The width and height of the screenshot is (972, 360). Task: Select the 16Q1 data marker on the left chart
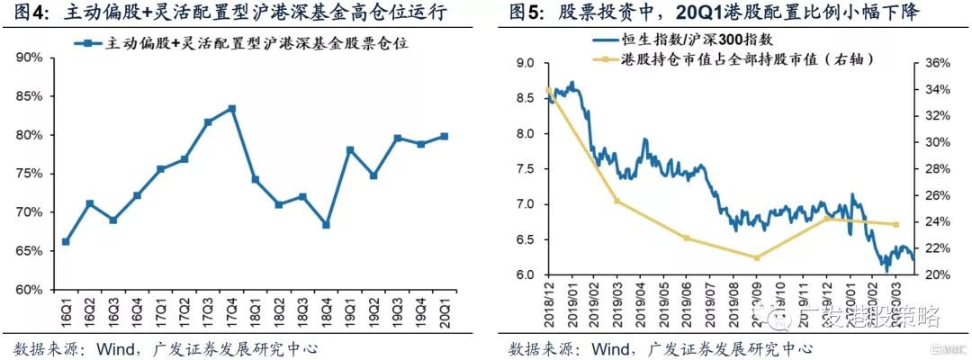pos(66,241)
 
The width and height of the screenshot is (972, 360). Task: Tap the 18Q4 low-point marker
pos(326,224)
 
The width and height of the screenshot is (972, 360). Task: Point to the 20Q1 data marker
pos(444,137)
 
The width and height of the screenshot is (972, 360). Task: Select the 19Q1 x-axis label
pos(349,310)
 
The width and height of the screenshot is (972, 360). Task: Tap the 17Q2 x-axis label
pos(184,310)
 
